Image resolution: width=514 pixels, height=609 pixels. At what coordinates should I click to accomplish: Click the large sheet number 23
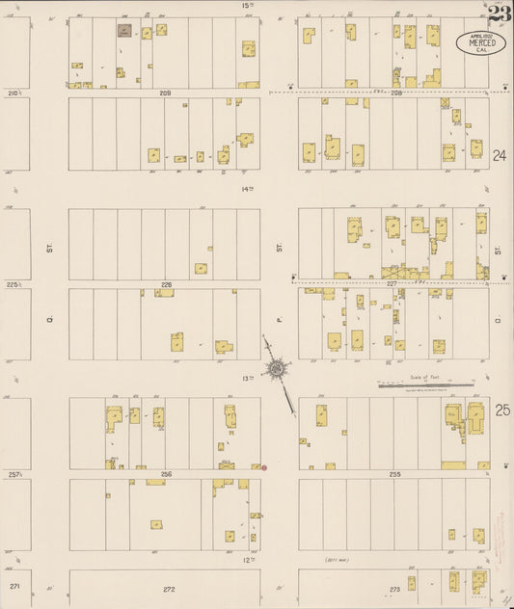point(499,13)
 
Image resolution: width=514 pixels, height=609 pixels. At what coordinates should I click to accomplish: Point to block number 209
point(165,93)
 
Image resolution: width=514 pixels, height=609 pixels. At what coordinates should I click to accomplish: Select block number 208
point(396,93)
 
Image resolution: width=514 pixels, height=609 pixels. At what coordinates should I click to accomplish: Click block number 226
point(166,284)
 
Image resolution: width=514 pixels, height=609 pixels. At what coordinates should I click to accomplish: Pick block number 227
point(393,284)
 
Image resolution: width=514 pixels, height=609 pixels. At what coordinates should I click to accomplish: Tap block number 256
point(166,474)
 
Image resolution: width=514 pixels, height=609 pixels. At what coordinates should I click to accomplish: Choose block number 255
point(394,474)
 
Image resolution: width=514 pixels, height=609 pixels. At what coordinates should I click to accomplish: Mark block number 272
point(169,588)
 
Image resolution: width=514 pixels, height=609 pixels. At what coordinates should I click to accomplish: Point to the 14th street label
point(247,189)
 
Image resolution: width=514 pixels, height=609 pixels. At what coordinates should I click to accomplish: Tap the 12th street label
point(247,560)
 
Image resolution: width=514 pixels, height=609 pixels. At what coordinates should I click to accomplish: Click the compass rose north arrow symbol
point(279,367)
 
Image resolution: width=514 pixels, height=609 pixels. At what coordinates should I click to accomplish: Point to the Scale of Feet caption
point(424,377)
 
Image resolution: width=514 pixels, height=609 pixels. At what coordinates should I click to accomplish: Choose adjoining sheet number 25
point(501,410)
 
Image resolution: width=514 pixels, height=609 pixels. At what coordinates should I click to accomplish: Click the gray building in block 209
point(124,31)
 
